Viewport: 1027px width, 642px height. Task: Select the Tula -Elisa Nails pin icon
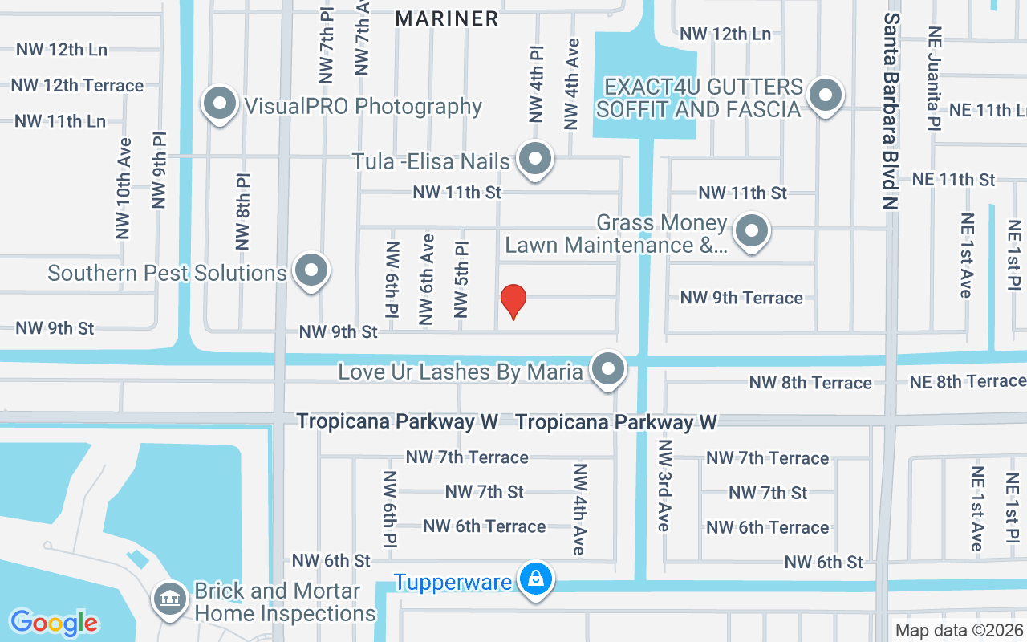[534, 160]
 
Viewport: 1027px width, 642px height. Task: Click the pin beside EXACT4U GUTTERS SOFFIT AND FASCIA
[825, 95]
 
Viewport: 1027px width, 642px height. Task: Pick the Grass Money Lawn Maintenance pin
[752, 231]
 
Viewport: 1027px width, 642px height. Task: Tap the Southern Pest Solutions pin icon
[311, 271]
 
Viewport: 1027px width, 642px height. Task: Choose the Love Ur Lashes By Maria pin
[608, 370]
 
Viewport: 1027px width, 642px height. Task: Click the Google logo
[55, 622]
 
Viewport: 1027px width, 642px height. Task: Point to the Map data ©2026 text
[959, 630]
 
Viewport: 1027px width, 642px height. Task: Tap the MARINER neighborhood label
[448, 18]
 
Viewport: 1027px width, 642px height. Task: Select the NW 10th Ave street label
[123, 193]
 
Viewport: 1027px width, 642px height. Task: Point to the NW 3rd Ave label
[664, 485]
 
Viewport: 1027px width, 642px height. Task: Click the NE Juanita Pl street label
[933, 79]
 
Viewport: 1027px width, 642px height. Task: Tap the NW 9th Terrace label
[741, 298]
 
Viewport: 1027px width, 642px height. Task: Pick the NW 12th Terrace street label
[77, 85]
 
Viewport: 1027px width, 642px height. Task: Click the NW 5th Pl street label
[461, 279]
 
